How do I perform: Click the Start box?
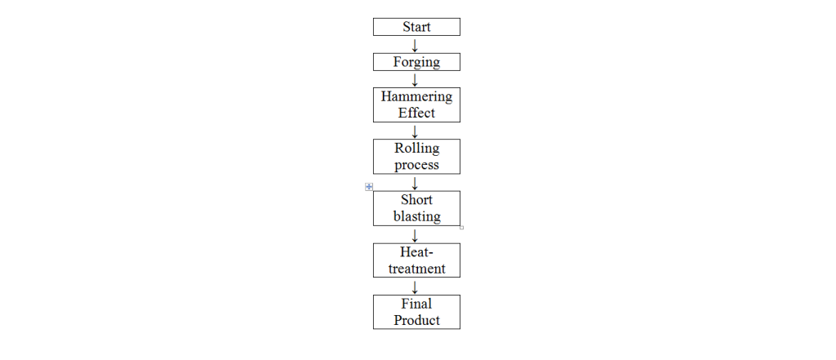[x=416, y=27]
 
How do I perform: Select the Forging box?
[x=416, y=62]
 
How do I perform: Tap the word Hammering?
[x=416, y=97]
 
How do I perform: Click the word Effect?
[x=416, y=113]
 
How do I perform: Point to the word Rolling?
[x=417, y=149]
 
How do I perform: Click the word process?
[x=416, y=166]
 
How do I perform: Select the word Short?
[x=416, y=199]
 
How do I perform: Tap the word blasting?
[x=417, y=216]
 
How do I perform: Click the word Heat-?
[x=416, y=251]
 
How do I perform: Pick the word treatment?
[x=416, y=269]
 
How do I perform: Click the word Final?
[x=416, y=304]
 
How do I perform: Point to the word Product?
[x=416, y=320]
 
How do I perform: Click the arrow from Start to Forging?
[x=415, y=45]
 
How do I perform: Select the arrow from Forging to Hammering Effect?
[x=415, y=79]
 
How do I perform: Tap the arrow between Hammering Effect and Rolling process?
[x=415, y=131]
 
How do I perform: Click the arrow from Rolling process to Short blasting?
[x=415, y=183]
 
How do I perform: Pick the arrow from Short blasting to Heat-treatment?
[x=415, y=235]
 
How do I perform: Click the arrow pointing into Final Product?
[x=415, y=287]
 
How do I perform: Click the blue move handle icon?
[x=369, y=187]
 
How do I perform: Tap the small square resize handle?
[x=462, y=228]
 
